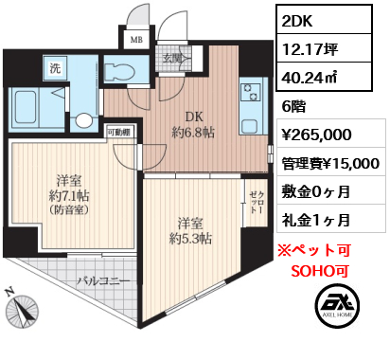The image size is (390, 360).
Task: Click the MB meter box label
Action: coord(136,40)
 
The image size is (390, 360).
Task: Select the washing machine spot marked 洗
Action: coord(56,67)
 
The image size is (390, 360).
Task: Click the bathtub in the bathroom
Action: coord(26,107)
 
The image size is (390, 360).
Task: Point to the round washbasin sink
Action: coord(83,120)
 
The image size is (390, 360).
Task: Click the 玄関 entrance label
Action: coord(172,58)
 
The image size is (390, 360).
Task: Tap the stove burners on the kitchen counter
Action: coord(251,93)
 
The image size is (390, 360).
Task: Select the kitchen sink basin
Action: coord(251,126)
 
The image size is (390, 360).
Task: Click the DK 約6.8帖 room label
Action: coord(193,125)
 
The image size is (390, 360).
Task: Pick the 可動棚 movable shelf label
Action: coord(119,133)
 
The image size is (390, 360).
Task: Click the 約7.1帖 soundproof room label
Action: coord(69,195)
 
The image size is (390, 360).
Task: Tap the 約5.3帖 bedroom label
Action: coord(190,231)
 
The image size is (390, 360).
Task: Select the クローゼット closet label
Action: coord(256,202)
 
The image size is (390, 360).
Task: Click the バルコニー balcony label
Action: coord(104,280)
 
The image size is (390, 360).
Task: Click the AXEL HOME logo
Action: coord(337,305)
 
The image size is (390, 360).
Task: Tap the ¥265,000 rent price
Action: coord(316,135)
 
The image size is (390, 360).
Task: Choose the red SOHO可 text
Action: coord(320,271)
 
